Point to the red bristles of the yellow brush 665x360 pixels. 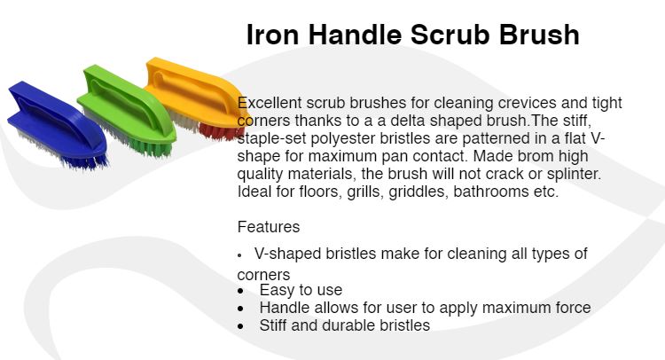pos(222,131)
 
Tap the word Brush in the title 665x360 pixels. pos(539,35)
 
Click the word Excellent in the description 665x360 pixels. pos(270,103)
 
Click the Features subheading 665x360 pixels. pos(269,227)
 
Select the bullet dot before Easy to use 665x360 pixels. pos(241,291)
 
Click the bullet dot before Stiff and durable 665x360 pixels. pos(241,326)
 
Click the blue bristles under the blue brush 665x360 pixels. pos(86,161)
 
